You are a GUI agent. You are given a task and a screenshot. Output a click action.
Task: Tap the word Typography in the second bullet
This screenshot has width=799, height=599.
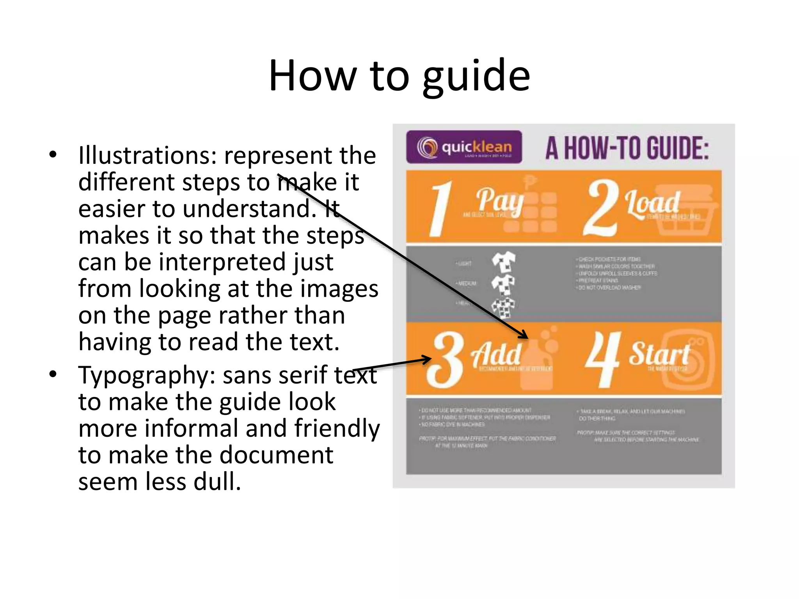(147, 376)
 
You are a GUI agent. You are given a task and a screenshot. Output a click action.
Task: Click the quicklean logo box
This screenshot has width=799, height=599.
(464, 147)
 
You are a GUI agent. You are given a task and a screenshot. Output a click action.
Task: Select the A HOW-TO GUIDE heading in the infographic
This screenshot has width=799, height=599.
(627, 149)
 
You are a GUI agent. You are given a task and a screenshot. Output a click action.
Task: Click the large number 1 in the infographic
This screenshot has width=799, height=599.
(441, 209)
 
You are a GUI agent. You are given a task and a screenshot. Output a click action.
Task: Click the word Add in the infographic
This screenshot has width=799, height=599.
(496, 354)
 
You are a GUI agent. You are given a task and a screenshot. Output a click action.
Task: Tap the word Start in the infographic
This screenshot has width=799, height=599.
(659, 354)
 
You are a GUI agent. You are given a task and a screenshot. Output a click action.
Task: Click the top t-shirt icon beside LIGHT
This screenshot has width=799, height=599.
(503, 261)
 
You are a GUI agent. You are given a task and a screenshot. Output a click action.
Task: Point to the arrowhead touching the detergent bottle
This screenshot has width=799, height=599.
(524, 335)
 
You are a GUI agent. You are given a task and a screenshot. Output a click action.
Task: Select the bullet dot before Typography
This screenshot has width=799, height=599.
(53, 374)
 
